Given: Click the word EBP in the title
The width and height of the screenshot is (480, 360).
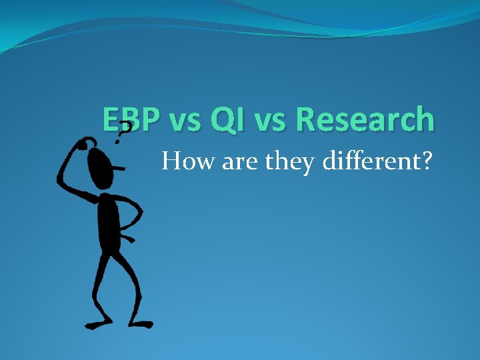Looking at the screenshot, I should click(131, 120).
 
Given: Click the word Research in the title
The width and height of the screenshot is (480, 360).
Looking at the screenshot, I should click(365, 120).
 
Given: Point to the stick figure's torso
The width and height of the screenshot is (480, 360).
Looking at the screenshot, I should click(109, 223).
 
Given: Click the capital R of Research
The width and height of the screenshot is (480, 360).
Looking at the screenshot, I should click(306, 120).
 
